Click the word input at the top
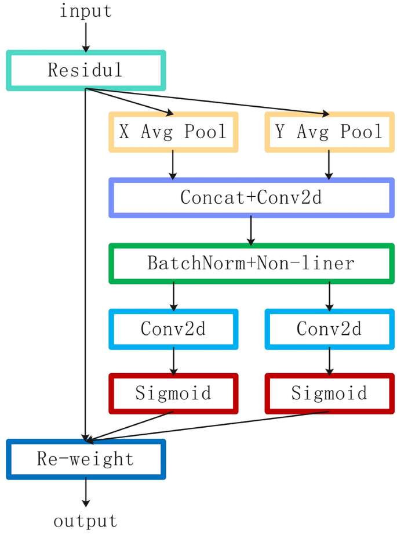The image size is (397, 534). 86,11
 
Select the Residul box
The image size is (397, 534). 86,70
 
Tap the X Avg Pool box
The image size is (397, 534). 173,132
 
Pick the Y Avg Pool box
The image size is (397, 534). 329,132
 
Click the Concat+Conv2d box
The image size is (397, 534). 251,198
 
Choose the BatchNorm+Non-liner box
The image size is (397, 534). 251,264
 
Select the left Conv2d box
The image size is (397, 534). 173,329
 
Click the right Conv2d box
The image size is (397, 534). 329,329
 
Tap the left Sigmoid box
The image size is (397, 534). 173,394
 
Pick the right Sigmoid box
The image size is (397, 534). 329,394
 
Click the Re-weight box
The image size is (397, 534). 86,459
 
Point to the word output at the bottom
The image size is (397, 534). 86,521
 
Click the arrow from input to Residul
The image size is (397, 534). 86,36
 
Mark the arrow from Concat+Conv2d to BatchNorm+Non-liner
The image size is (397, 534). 251,230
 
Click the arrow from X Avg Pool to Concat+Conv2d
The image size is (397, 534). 173,165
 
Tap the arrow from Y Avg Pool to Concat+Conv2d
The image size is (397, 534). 329,165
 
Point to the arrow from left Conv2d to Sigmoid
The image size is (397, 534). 173,361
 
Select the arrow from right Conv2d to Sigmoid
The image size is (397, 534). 329,361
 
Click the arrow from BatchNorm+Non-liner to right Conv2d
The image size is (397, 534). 329,296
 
